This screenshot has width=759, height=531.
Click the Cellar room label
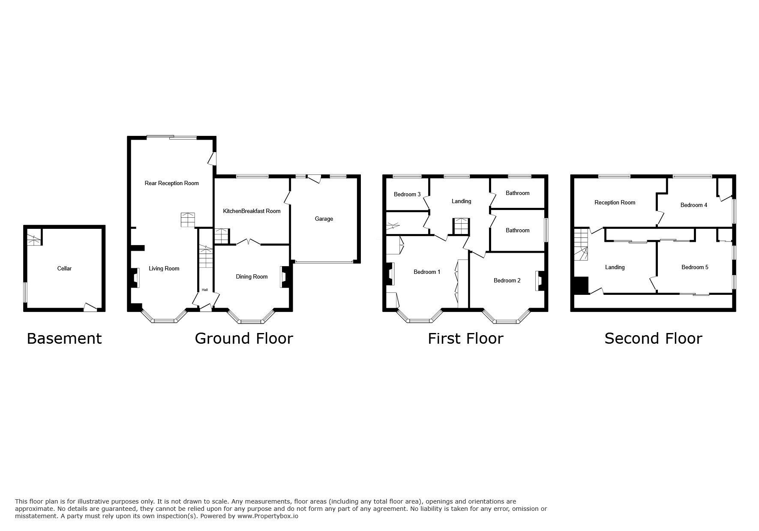pyautogui.click(x=64, y=269)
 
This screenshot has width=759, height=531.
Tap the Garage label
pyautogui.click(x=324, y=219)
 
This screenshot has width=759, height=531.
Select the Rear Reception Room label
pyautogui.click(x=171, y=183)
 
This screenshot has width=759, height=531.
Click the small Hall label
pyautogui.click(x=205, y=290)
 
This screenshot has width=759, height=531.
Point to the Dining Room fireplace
pyautogui.click(x=284, y=277)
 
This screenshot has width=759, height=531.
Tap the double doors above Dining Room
pyautogui.click(x=249, y=243)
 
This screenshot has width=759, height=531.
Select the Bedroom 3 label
pyautogui.click(x=407, y=195)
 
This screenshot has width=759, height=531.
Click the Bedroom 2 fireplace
pyautogui.click(x=538, y=281)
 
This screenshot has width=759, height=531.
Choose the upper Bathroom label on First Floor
pyautogui.click(x=517, y=193)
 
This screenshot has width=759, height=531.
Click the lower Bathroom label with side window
pyautogui.click(x=517, y=231)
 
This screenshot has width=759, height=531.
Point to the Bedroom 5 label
pyautogui.click(x=695, y=267)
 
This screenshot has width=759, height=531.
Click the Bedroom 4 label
pyautogui.click(x=693, y=205)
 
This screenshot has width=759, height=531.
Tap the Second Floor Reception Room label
pyautogui.click(x=615, y=203)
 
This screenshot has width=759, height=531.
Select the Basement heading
pyautogui.click(x=64, y=339)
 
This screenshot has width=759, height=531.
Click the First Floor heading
pyautogui.click(x=465, y=339)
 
